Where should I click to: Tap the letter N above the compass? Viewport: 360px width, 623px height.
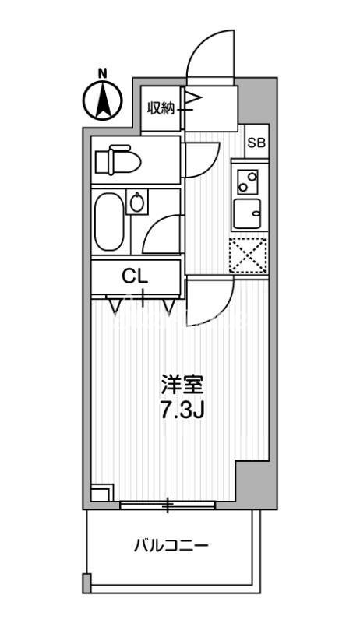103,74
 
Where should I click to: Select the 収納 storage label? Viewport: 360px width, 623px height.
162,108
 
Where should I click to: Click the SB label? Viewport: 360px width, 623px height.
256,143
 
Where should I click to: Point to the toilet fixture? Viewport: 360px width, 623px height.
117,161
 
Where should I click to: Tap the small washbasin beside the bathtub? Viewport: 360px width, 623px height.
138,204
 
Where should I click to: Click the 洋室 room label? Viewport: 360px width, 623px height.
183,385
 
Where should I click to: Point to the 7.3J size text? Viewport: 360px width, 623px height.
182,410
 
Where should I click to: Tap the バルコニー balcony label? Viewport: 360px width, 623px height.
169,546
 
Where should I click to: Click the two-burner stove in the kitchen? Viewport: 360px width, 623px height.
249,182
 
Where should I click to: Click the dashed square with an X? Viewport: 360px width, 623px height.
249,255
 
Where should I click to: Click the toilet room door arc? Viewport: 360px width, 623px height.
201,160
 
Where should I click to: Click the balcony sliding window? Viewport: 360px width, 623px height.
167,505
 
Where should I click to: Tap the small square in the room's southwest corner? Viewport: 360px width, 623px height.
101,493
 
